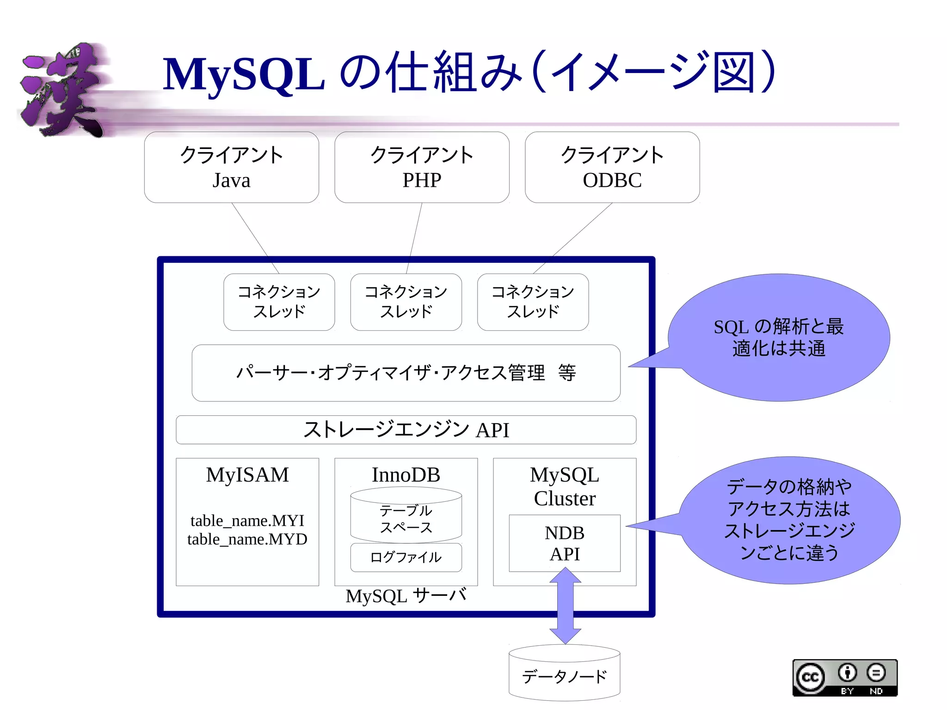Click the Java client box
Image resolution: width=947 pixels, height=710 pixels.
231,167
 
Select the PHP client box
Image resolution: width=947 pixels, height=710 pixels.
422,167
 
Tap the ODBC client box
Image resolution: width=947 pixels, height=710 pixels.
612,167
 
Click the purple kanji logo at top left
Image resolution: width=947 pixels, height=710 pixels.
62,90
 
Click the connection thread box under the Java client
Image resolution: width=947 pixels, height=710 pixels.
279,302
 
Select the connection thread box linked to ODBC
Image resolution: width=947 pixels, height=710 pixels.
533,302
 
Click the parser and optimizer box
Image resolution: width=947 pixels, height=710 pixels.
406,373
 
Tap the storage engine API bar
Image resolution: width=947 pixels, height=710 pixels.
406,430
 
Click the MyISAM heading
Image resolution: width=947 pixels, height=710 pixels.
247,475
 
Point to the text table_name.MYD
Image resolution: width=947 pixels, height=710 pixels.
247,539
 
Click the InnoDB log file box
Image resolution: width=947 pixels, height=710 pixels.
406,557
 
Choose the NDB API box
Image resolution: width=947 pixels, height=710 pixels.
565,543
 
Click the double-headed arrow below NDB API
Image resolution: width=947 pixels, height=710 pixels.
565,606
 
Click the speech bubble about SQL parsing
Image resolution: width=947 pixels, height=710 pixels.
779,338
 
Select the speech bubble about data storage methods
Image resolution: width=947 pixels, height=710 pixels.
790,520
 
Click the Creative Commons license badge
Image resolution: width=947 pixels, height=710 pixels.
845,678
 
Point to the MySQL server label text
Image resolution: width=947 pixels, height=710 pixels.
406,596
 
